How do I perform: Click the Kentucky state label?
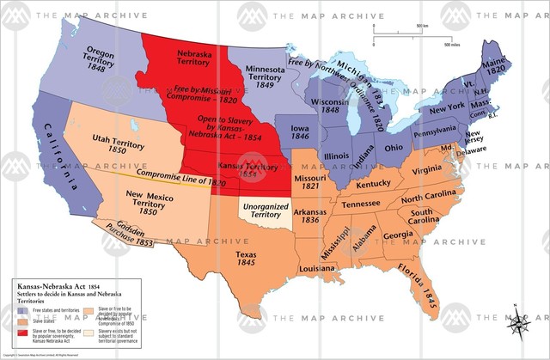pyautogui.click(x=373, y=185)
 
